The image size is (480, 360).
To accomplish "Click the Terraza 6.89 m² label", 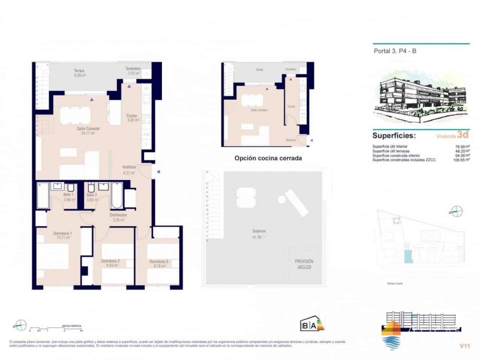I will click(x=79, y=73).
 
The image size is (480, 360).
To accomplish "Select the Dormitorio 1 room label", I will click(x=62, y=235).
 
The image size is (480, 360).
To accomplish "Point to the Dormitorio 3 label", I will click(x=159, y=264).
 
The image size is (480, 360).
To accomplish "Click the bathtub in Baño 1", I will click(x=43, y=195).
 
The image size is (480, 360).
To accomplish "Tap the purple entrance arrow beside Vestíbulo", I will click(x=158, y=172).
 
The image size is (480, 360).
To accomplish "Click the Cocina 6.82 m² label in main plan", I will click(x=133, y=118).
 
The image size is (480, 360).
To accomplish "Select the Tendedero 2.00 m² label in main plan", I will click(x=133, y=71).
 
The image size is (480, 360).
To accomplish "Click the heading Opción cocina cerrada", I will click(x=268, y=158).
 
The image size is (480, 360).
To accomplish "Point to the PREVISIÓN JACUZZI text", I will click(x=304, y=264).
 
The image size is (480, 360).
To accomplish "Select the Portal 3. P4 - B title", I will click(x=395, y=51).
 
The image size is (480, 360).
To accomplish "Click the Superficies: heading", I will click(x=394, y=136).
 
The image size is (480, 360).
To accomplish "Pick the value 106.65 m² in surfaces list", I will click(x=461, y=160).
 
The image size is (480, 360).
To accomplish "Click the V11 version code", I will click(x=464, y=346).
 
